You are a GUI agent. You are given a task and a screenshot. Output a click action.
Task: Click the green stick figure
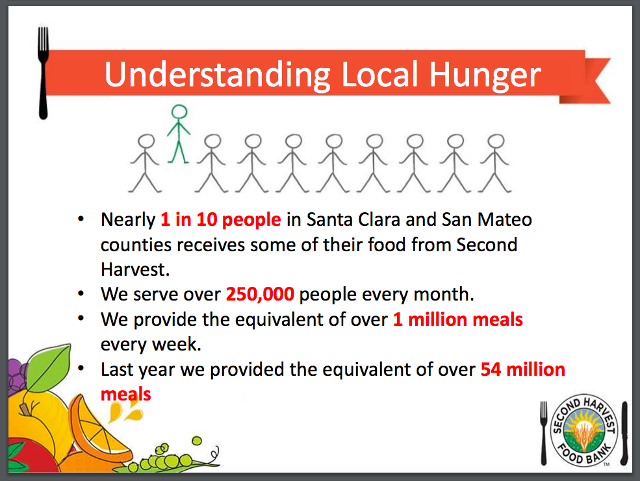click(179, 134)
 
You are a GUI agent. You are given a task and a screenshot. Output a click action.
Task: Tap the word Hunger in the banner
click(485, 76)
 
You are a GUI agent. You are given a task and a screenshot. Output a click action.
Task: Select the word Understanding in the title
click(217, 75)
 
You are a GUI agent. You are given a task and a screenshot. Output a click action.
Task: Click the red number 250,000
click(260, 294)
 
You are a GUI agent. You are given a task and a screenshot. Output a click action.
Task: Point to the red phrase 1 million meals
click(458, 319)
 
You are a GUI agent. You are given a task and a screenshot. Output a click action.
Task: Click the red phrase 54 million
click(523, 369)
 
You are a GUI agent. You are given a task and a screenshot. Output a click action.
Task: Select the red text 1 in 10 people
click(221, 219)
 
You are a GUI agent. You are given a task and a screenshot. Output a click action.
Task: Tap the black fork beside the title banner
click(43, 73)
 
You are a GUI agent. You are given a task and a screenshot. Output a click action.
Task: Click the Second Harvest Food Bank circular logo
click(583, 430)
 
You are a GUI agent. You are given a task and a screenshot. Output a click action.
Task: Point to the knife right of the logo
click(624, 434)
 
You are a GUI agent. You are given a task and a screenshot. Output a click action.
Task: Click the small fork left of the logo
click(544, 434)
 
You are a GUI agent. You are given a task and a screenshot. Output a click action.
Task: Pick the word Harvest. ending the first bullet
click(135, 269)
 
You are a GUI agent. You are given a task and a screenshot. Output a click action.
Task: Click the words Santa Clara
click(353, 219)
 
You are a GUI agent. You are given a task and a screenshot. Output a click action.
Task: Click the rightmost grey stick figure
click(494, 163)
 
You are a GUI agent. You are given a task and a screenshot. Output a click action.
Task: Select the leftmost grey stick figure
click(145, 163)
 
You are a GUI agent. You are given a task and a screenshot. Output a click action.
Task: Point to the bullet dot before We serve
click(81, 293)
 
